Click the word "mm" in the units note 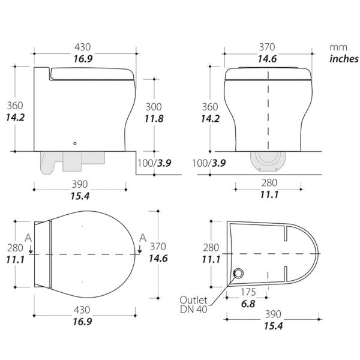[336, 46]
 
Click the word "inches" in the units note [343, 59]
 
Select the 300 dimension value [154, 106]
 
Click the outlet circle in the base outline [239, 274]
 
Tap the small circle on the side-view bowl [75, 143]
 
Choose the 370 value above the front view [268, 46]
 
